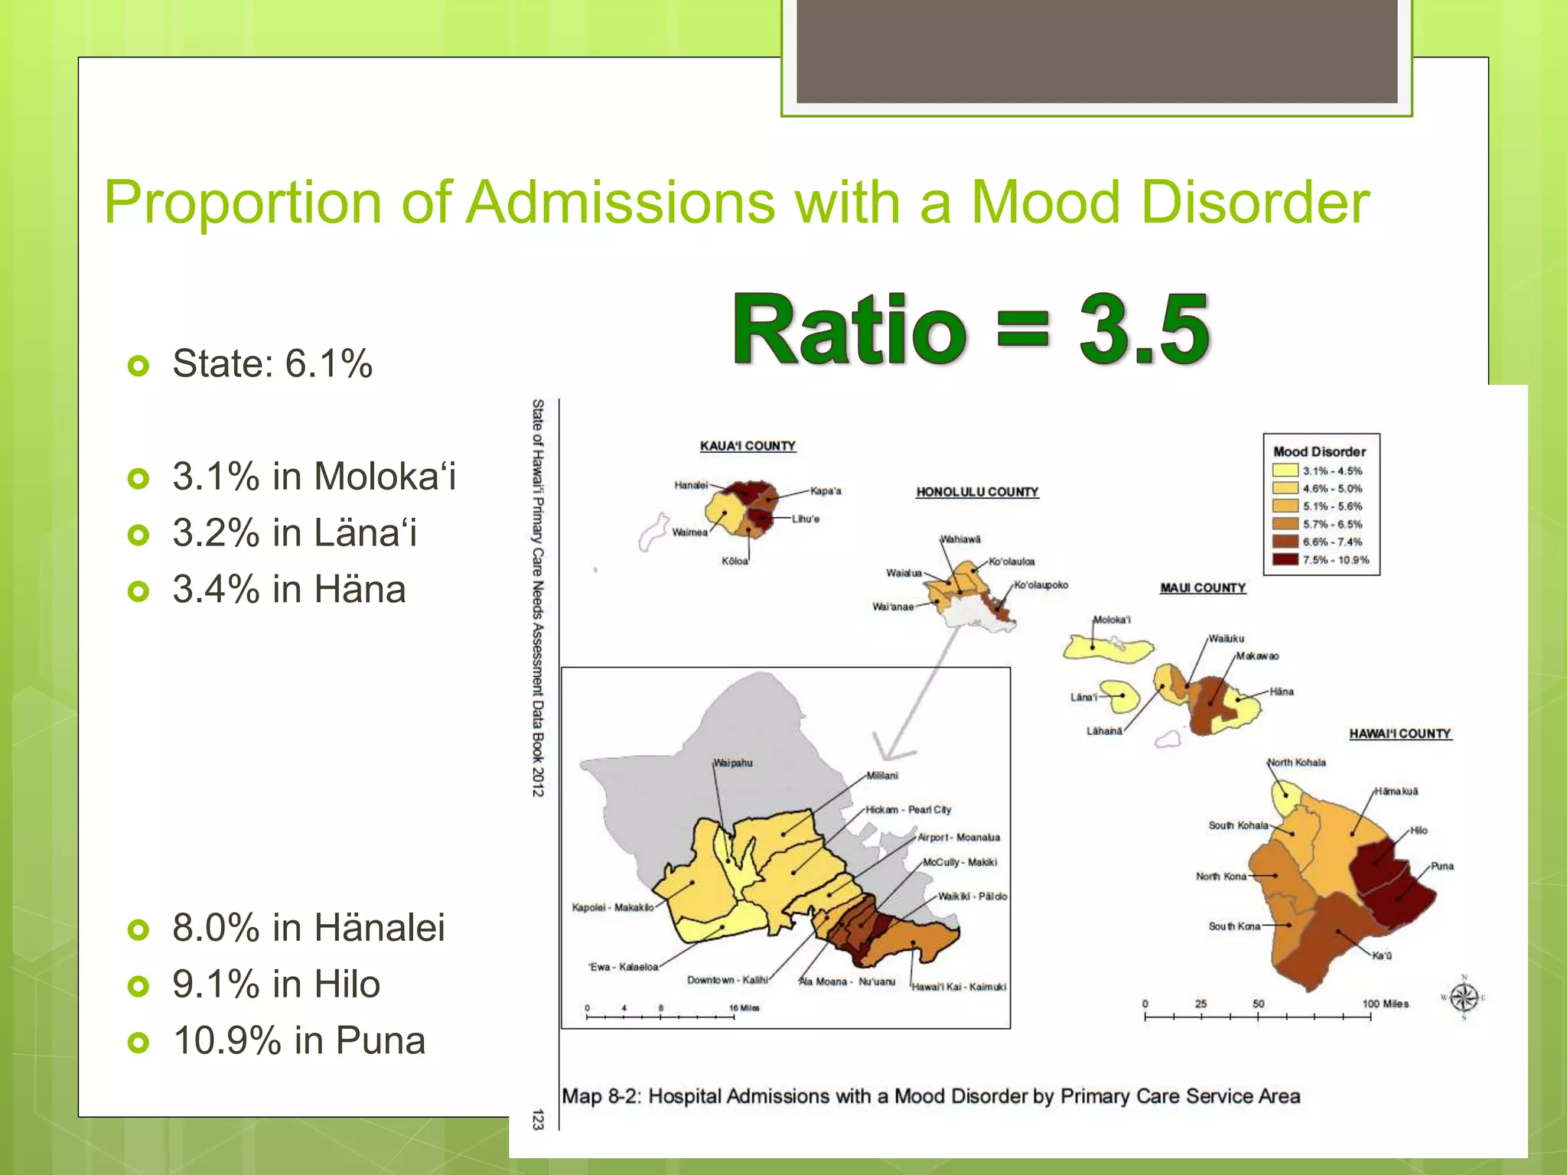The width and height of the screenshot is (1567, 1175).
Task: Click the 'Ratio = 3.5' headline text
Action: (970, 330)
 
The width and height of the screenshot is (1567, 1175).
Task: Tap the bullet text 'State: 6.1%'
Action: (272, 363)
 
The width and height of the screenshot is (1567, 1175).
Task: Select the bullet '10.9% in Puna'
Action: (298, 1040)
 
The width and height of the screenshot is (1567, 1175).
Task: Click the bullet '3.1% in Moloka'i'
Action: (314, 477)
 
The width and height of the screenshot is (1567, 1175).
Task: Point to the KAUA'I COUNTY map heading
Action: (748, 446)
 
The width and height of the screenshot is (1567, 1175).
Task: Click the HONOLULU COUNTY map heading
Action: (977, 492)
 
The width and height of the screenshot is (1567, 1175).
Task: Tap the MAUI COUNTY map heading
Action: (1203, 587)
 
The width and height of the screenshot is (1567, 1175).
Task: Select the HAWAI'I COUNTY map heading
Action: (1399, 734)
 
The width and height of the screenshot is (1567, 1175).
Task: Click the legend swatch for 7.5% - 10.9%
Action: (1285, 560)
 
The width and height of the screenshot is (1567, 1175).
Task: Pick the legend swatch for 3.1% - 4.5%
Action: (1285, 470)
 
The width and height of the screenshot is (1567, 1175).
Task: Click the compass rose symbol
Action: (1464, 998)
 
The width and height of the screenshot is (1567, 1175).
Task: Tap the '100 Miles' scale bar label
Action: (1385, 1004)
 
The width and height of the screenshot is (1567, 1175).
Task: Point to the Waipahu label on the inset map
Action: (733, 763)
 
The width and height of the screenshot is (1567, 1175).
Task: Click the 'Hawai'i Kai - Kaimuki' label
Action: (959, 987)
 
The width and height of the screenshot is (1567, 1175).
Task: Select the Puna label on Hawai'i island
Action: (1442, 866)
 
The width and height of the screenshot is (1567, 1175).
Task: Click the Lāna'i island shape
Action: (1119, 696)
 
